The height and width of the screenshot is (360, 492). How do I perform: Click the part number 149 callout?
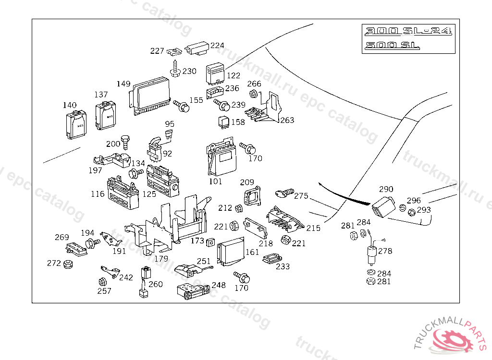123,84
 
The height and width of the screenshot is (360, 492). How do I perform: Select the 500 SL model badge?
392,46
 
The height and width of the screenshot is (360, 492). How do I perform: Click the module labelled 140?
75,125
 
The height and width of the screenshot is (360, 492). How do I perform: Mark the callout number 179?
161,258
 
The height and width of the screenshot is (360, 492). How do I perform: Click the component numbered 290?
383,207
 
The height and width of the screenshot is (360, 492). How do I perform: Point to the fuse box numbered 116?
123,194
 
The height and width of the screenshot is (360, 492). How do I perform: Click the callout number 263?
287,120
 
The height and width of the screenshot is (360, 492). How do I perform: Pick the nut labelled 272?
68,264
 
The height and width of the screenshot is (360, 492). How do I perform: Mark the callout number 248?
219,285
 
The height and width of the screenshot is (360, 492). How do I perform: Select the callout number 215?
313,228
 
